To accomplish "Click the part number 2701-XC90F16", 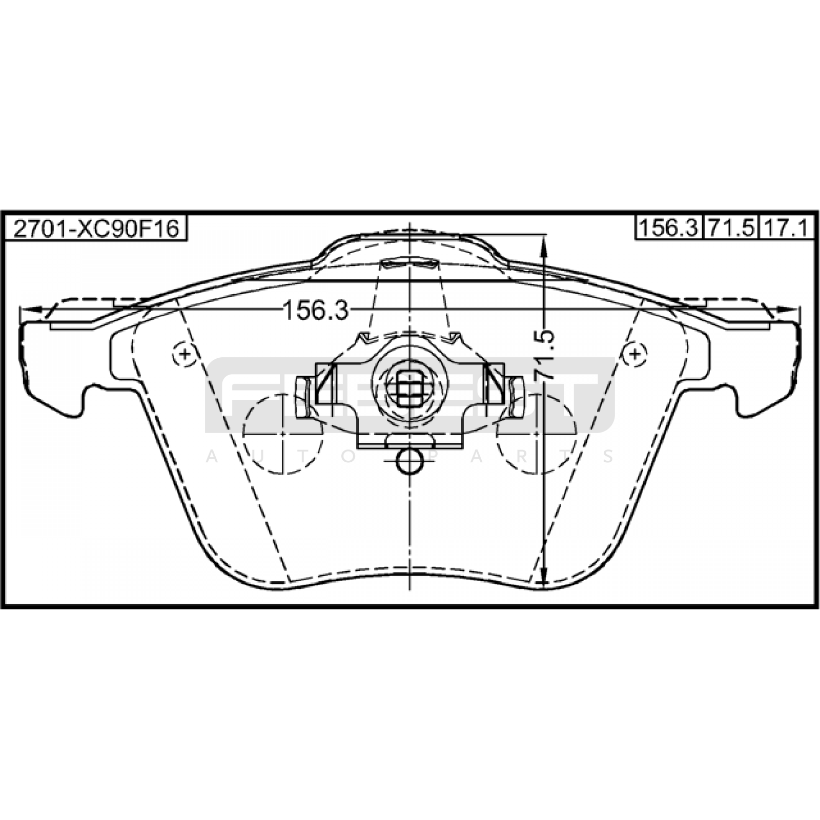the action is click(96, 228).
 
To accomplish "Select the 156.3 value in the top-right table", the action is click(669, 228).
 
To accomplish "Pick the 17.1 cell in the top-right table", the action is click(787, 228).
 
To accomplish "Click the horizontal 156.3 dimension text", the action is click(316, 310).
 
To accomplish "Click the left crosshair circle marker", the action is click(184, 354).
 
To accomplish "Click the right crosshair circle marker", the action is click(635, 354).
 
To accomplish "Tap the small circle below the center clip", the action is click(409, 461).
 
